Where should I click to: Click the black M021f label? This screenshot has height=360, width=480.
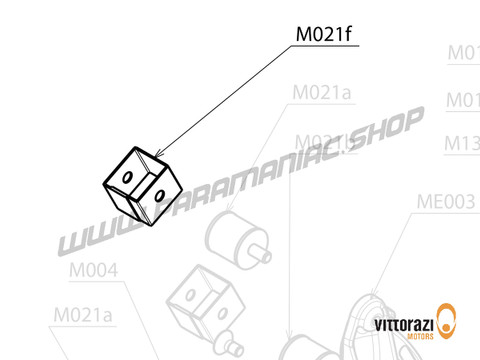[323, 37]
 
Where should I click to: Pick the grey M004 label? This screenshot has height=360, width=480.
[94, 271]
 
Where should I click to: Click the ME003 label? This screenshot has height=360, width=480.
[445, 200]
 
